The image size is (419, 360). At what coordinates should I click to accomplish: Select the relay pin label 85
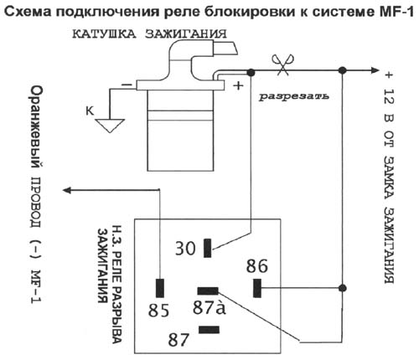tap(160, 311)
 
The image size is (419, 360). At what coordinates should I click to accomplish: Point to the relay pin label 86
tap(257, 267)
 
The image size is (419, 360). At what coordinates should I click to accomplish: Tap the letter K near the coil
tap(90, 110)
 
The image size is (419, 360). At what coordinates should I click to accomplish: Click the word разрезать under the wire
tap(292, 96)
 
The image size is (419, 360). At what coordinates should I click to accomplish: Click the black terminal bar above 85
tap(158, 286)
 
